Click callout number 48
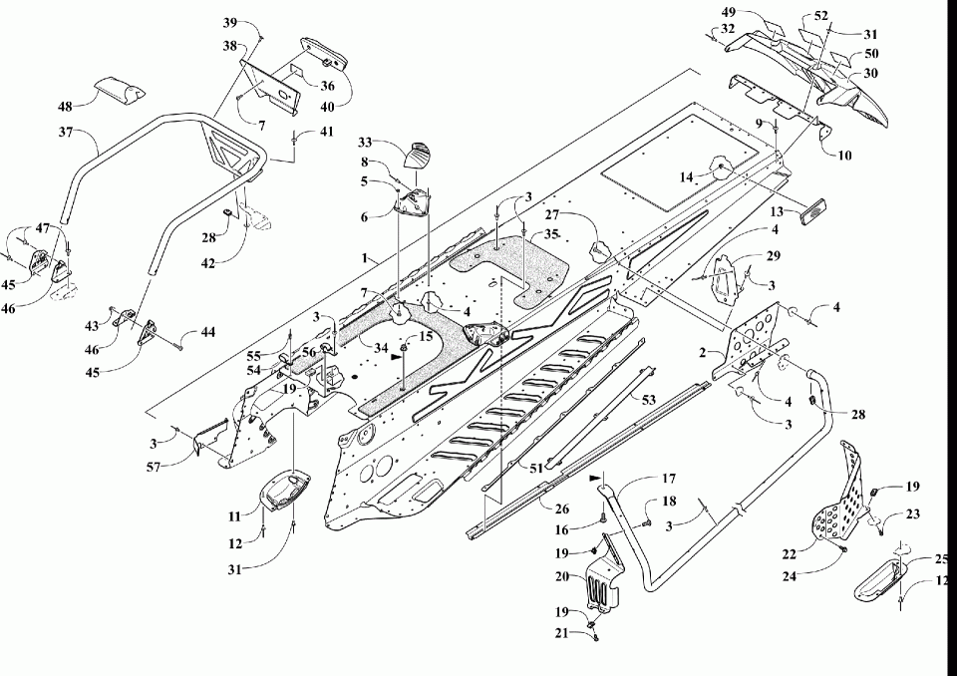65,106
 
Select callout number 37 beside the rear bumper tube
66,131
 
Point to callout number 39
229,22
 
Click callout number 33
365,143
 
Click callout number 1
371,256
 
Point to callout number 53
648,399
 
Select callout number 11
235,515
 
